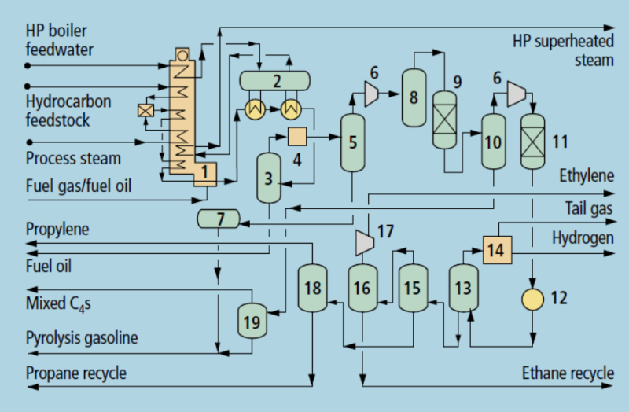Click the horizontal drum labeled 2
275,80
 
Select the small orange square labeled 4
297,137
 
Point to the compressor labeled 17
362,241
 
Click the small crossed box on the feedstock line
145,111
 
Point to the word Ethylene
587,176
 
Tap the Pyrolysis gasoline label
82,339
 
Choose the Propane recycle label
75,373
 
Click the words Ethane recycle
568,373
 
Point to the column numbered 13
463,289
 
